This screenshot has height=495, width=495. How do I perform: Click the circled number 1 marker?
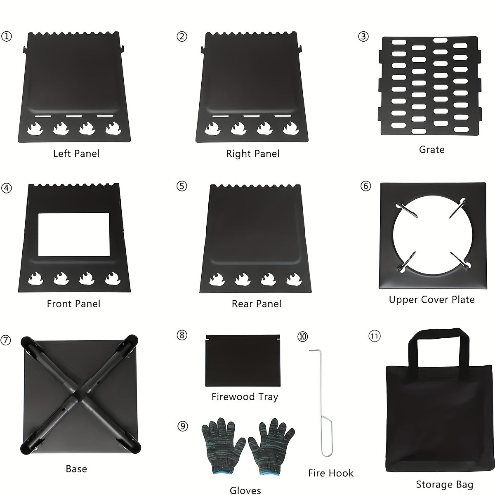(x=7, y=36)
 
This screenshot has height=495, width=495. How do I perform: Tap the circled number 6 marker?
(x=366, y=186)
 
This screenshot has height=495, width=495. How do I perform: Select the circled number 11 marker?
(x=374, y=336)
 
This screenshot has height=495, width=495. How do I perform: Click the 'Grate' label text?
(x=431, y=149)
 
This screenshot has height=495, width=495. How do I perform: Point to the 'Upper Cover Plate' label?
(x=431, y=299)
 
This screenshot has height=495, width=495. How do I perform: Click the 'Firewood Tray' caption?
(x=245, y=397)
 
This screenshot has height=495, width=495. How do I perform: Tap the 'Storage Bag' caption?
(x=444, y=484)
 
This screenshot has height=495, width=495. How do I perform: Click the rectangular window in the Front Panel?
(x=74, y=234)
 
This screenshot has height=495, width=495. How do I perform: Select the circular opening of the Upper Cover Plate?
(x=432, y=235)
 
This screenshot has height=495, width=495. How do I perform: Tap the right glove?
(x=271, y=447)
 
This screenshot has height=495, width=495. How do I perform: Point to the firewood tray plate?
(x=243, y=361)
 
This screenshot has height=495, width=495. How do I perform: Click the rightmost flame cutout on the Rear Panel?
(x=294, y=279)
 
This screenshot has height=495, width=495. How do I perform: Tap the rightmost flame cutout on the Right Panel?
(x=291, y=128)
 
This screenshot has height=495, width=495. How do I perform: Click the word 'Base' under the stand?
(x=76, y=469)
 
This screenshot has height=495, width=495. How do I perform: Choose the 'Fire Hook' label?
(x=331, y=473)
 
